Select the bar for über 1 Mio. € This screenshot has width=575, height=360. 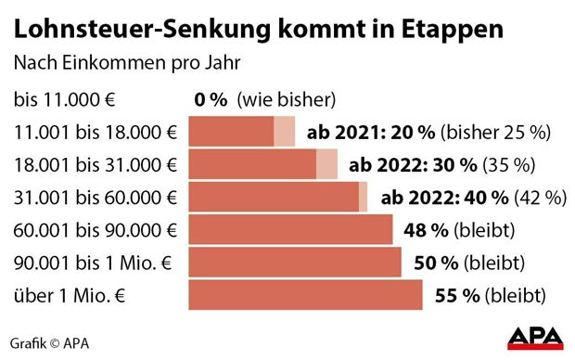tap(306, 296)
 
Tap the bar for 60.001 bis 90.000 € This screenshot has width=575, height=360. tap(290, 229)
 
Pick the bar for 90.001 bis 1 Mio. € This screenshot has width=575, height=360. tap(295, 263)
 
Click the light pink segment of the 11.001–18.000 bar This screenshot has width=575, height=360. tap(285, 132)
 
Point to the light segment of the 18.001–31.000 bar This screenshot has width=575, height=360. tap(327, 165)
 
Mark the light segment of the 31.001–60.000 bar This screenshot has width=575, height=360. tap(364, 197)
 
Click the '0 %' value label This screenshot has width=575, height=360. tap(211, 99)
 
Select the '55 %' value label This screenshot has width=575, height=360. tap(457, 297)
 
